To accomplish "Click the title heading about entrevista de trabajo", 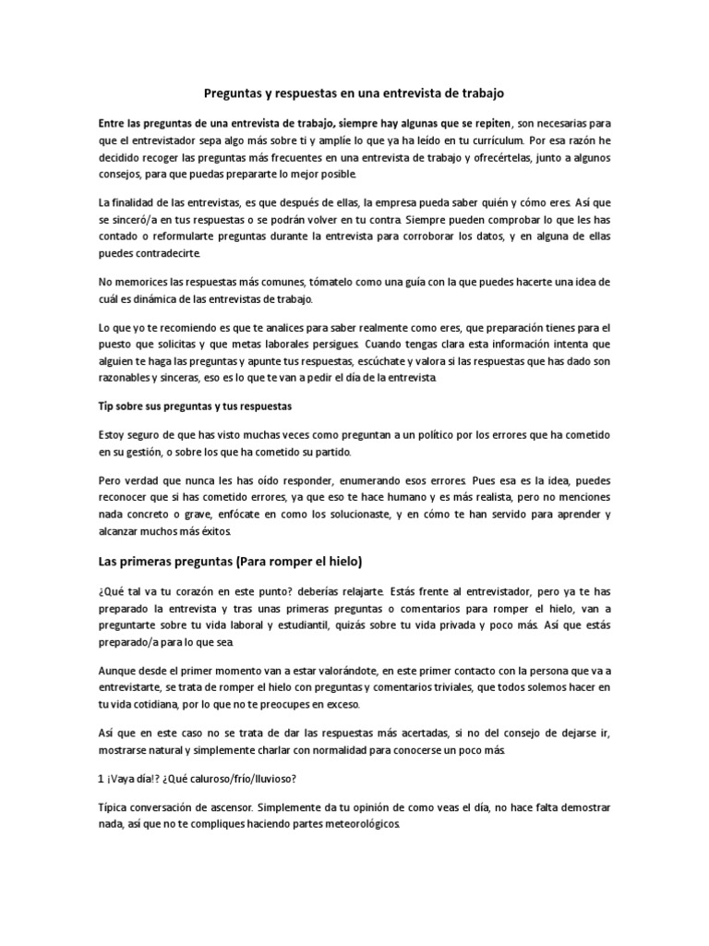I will click(354, 94).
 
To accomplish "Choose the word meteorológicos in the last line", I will click(354, 825).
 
